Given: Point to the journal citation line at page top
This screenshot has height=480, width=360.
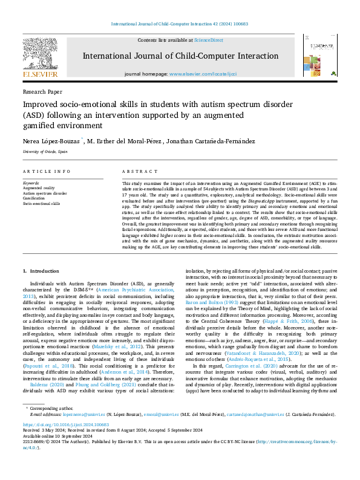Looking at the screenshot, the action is [x=180, y=24].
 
